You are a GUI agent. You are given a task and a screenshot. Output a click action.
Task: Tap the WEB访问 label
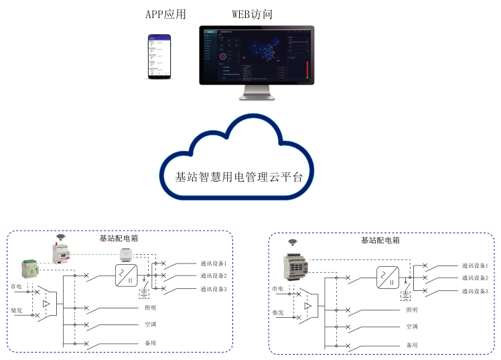tap(252, 15)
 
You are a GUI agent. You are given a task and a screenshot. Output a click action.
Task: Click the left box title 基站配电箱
tap(119, 238)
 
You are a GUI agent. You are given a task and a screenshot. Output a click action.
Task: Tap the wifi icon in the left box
tap(61, 237)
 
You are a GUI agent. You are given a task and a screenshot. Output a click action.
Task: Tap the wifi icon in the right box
tap(293, 242)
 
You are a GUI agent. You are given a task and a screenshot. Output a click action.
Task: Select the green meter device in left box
tap(29, 269)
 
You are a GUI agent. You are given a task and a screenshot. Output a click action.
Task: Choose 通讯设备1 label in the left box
tap(214, 264)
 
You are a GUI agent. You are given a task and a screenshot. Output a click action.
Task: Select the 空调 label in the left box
tap(150, 325)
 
